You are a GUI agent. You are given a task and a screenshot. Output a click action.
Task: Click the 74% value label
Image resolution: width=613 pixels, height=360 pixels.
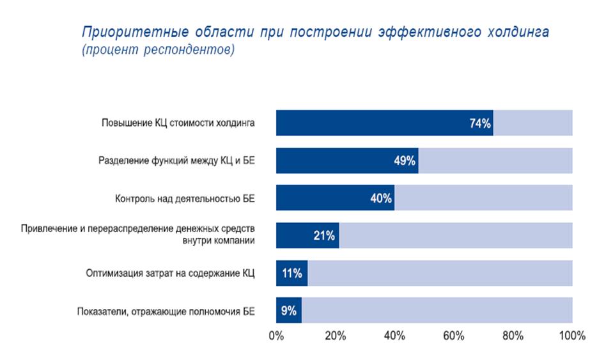tap(479, 123)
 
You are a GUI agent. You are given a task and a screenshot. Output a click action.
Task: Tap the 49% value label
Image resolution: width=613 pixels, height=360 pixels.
tap(405, 160)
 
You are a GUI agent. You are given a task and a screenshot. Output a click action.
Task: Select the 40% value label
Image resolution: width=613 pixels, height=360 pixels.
tap(381, 198)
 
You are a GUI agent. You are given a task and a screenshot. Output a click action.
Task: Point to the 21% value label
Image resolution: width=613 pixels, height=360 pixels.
tap(324, 236)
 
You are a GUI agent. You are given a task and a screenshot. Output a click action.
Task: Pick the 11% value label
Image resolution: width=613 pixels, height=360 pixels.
tap(291, 274)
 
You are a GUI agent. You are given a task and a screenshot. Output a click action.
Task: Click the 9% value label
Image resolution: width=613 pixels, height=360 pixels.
tap(288, 311)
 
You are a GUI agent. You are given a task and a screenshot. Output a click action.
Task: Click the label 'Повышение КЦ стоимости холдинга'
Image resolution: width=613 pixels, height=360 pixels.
tap(178, 123)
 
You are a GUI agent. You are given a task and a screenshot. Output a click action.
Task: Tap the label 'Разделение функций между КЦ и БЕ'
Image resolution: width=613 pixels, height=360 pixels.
tap(176, 160)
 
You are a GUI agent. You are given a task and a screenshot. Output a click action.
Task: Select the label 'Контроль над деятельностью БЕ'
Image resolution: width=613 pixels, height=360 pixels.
tap(185, 198)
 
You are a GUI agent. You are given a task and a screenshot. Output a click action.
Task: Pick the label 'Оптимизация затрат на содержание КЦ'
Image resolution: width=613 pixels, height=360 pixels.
tap(171, 274)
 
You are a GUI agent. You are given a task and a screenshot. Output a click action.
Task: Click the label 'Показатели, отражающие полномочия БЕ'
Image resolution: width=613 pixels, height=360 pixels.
tap(166, 311)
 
